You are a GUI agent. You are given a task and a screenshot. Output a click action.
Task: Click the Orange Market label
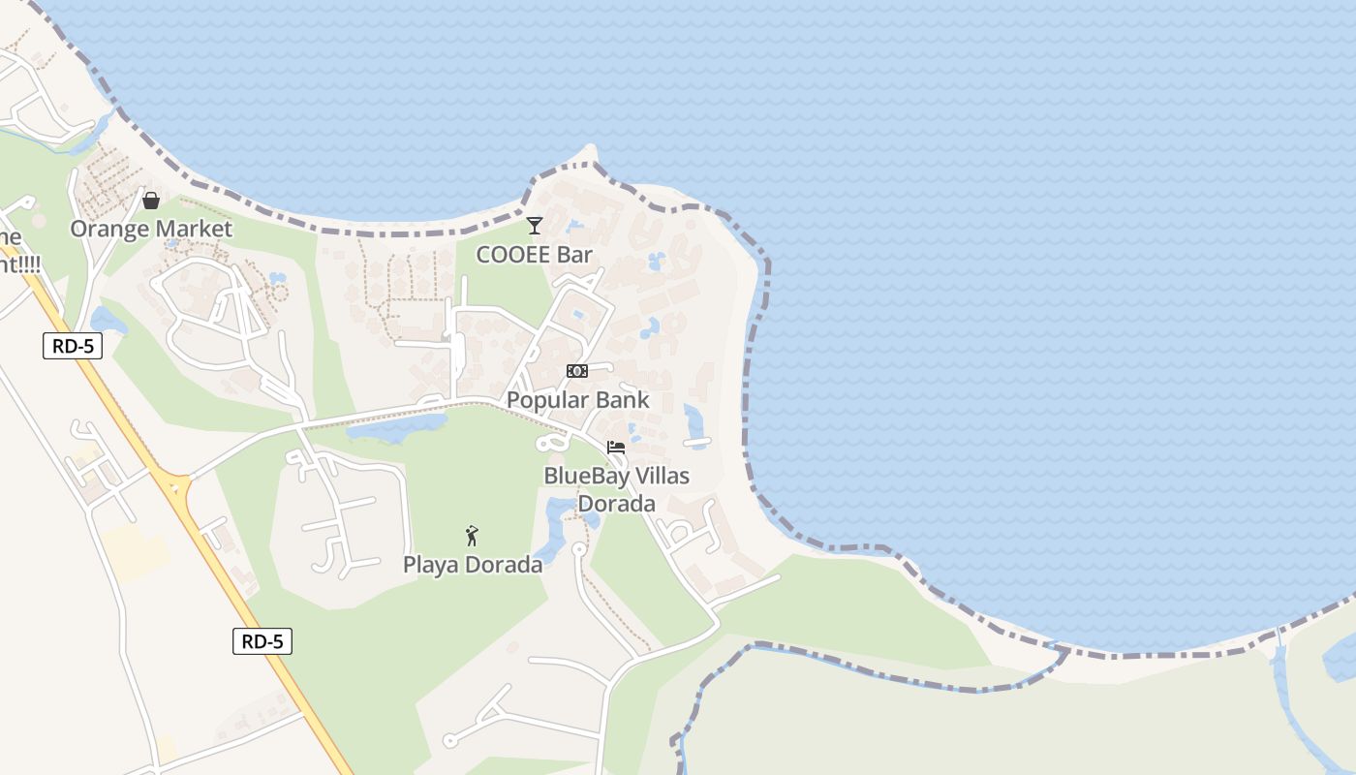tap(151, 229)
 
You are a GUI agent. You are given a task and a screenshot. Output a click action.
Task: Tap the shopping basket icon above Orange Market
tap(151, 201)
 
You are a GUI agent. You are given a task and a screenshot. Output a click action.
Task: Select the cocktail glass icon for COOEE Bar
tap(534, 226)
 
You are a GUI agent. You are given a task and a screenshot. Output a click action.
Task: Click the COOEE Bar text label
tap(534, 255)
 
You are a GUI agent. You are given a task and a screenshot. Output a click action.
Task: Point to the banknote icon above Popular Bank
tap(577, 371)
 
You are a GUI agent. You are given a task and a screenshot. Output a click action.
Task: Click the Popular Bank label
tap(577, 400)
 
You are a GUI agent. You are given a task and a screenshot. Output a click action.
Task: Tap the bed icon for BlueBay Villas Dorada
tap(616, 447)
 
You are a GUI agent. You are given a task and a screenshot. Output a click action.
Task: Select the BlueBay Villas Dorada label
tap(616, 489)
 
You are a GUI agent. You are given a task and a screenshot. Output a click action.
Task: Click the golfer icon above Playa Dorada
tap(472, 536)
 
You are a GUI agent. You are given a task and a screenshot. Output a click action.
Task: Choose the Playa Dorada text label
tap(473, 565)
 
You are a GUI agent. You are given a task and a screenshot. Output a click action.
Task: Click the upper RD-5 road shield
tap(73, 346)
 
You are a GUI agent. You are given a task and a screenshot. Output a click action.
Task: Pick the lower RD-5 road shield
tap(262, 640)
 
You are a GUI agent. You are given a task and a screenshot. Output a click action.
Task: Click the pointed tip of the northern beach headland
tap(591, 150)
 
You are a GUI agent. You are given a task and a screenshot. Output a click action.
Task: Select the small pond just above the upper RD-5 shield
tap(108, 320)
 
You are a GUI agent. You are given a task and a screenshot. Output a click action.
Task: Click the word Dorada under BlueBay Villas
tap(616, 504)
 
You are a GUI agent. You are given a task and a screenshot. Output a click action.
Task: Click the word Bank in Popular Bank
tap(625, 400)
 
